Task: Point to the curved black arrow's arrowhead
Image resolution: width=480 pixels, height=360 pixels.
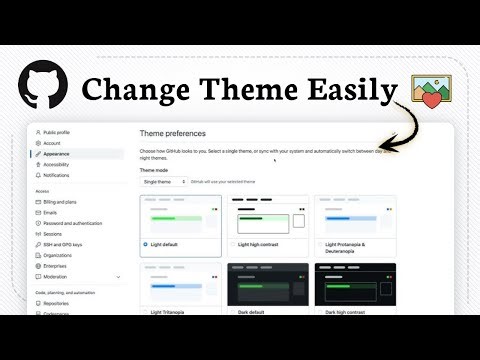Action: (x=385, y=146)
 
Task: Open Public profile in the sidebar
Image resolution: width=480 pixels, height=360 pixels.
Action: (x=57, y=132)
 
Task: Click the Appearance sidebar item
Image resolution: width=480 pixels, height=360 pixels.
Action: (x=58, y=154)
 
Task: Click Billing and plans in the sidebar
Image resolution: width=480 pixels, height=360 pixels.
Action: (x=61, y=201)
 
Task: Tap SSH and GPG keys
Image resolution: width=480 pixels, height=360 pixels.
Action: (x=63, y=244)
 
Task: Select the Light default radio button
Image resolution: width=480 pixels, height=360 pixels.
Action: (x=146, y=243)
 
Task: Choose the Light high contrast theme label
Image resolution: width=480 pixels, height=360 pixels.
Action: (x=267, y=243)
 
